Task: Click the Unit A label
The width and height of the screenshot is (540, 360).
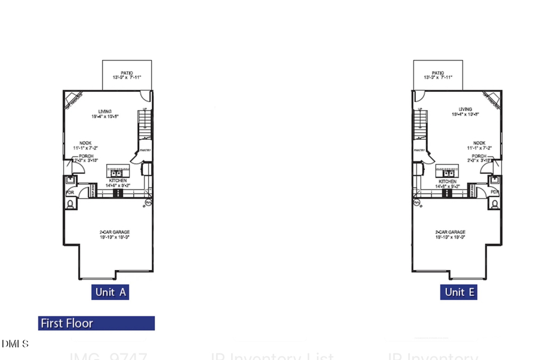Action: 111,292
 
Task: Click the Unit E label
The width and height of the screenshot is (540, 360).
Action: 460,292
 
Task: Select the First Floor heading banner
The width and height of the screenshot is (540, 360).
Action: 96,323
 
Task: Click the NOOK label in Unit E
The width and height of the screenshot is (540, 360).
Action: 479,143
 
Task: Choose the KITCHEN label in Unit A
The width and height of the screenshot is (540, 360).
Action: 118,180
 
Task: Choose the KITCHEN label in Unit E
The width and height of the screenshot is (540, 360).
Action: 447,181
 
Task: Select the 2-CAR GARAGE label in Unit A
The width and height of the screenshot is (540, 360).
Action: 115,232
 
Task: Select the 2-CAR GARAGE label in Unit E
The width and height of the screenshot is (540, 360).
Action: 450,232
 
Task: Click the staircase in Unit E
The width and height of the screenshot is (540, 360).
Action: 419,126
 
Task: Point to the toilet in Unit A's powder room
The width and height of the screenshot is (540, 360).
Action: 71,204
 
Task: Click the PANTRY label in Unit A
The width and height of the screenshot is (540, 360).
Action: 145,151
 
